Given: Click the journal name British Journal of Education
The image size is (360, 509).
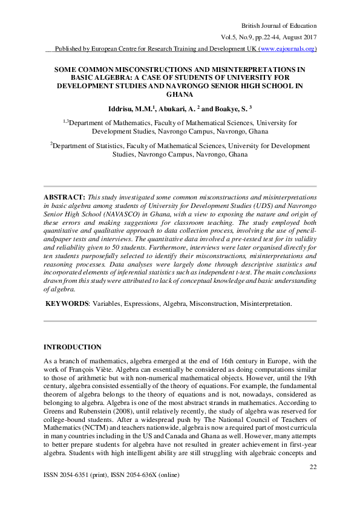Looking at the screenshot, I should click(279, 25).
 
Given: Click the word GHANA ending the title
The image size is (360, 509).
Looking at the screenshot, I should click(180, 95).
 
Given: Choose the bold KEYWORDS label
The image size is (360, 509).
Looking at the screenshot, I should click(68, 303).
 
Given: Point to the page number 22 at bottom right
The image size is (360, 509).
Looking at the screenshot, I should click(313, 467).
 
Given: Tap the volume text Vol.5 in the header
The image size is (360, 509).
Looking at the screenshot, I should click(232, 37).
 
